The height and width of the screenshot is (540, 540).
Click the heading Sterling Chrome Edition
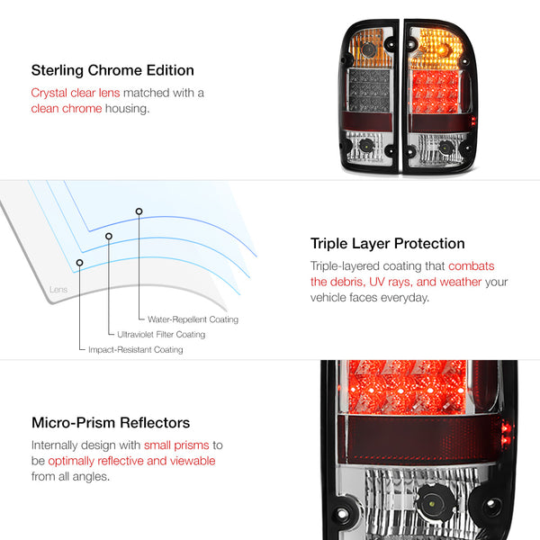(x=112, y=70)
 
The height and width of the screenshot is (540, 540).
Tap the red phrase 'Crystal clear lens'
(x=76, y=93)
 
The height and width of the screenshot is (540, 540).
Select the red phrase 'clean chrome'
(x=67, y=109)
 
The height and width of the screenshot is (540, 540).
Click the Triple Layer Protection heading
(x=387, y=244)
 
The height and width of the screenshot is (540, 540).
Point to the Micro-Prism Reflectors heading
(x=111, y=423)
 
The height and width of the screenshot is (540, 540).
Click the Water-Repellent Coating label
(x=193, y=319)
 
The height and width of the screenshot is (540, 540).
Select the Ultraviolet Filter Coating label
(x=161, y=335)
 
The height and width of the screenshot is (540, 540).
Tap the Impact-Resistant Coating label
(x=136, y=349)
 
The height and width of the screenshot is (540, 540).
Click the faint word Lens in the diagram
(x=58, y=289)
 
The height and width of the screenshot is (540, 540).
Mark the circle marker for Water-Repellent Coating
(x=139, y=211)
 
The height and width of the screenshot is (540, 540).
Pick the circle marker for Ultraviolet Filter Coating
(x=109, y=236)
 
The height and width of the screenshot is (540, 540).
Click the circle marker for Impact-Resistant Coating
(x=79, y=263)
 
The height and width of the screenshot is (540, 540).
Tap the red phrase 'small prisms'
(x=176, y=445)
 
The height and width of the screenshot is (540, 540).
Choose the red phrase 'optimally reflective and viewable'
(x=131, y=461)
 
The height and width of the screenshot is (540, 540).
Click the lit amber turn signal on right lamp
(x=436, y=49)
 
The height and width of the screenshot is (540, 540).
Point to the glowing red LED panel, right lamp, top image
(x=436, y=91)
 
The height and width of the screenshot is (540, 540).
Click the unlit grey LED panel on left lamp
(x=369, y=90)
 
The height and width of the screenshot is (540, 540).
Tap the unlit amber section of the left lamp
(x=370, y=49)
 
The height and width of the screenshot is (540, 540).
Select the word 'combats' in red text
(x=471, y=265)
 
